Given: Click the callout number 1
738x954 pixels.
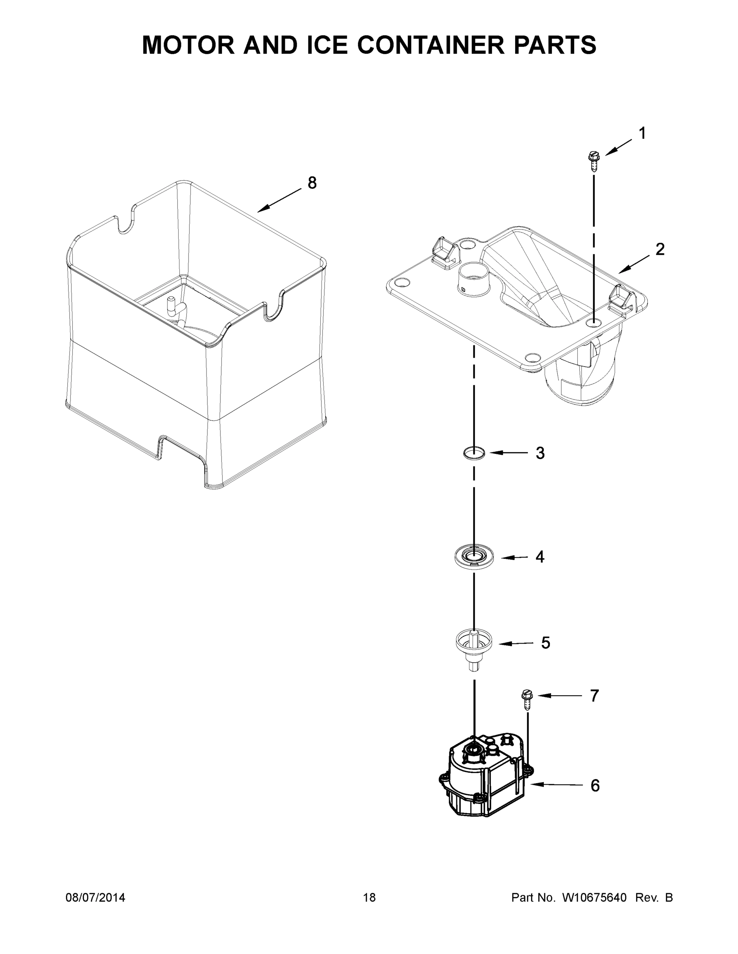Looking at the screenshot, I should (642, 133).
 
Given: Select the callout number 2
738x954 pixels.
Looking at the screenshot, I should (660, 249).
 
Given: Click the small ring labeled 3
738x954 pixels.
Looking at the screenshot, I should (474, 453).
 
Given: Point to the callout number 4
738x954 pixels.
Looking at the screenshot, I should (540, 557).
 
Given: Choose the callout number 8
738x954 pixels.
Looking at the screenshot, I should (312, 183).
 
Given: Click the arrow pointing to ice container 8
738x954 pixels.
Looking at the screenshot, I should (280, 200).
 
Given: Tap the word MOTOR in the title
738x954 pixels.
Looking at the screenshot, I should (189, 45).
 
